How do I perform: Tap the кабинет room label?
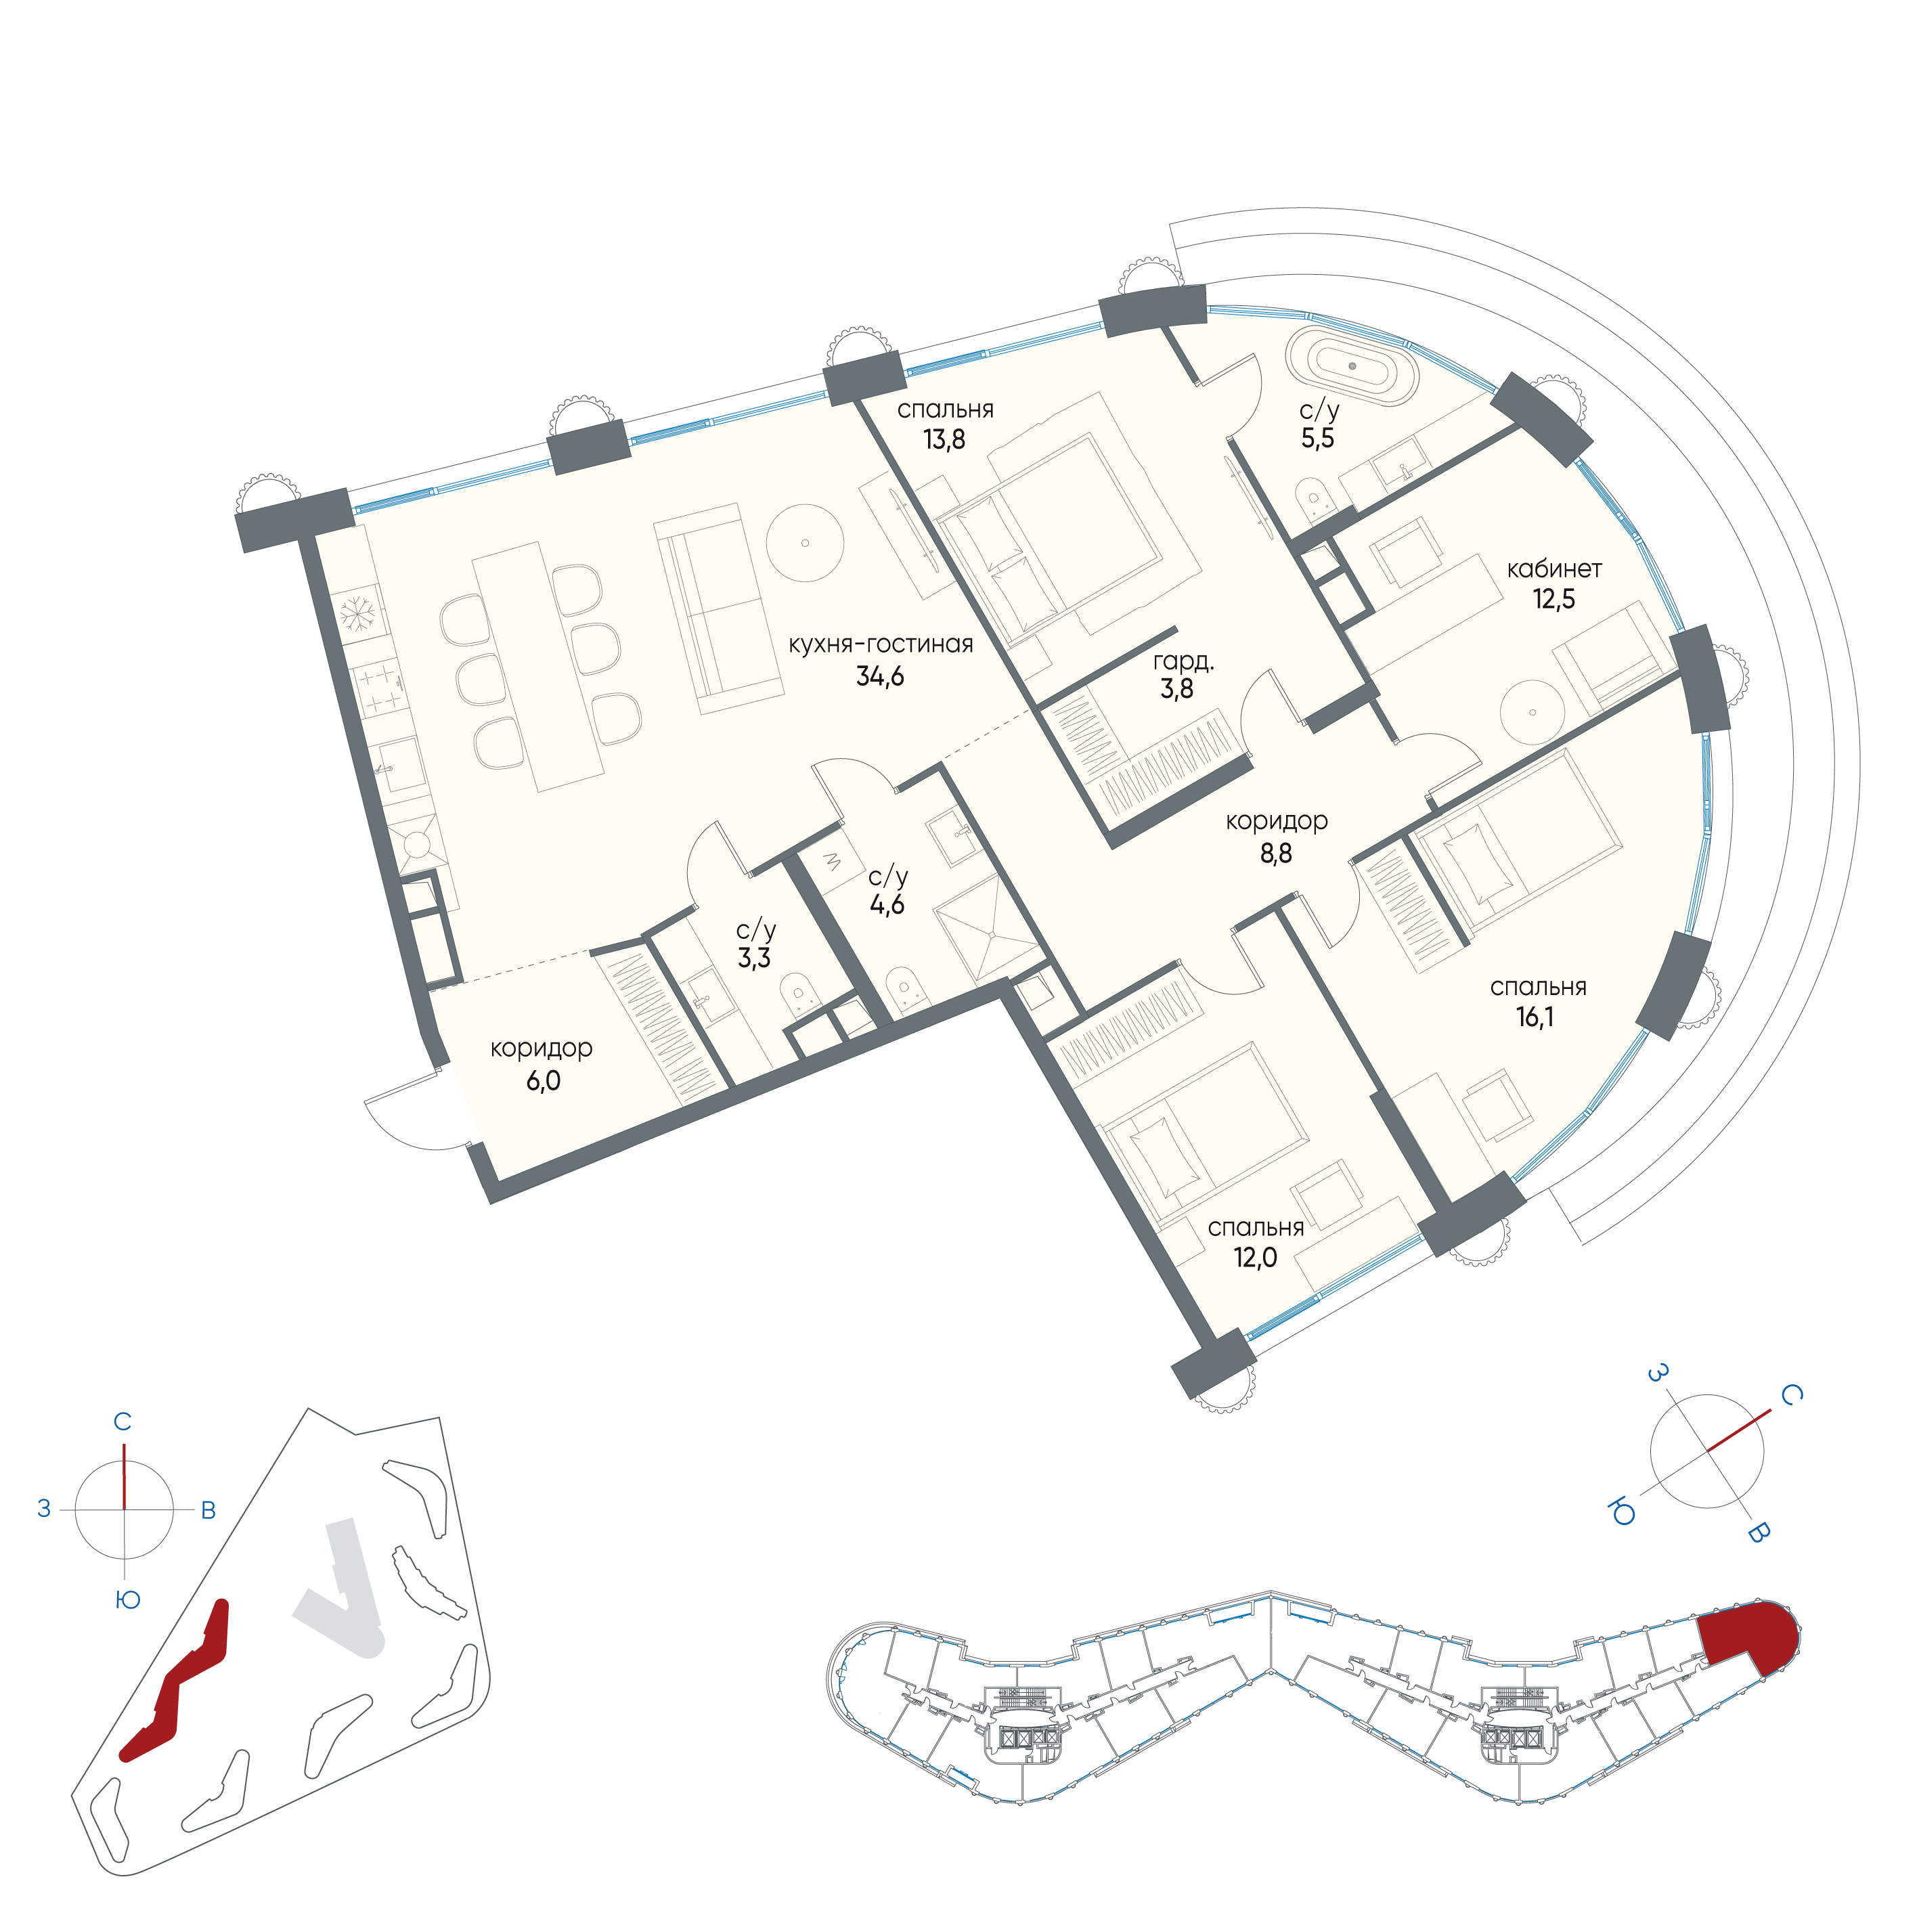point(1554,569)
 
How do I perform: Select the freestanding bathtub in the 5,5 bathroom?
point(1352,366)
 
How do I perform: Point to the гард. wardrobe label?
point(1183,661)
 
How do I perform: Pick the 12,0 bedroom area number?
point(1256,1258)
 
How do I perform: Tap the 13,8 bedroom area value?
point(944,439)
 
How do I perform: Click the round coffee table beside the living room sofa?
point(805,544)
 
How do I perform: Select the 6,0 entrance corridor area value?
point(544,1081)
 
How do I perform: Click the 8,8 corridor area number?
point(1277,853)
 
